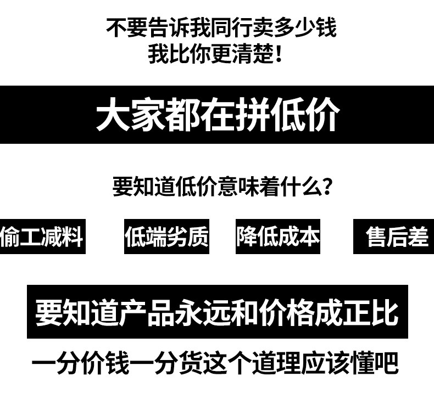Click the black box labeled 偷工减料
pos(42,237)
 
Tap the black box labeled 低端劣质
pos(166,237)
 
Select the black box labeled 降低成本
pos(278,237)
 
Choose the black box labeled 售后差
pos(394,237)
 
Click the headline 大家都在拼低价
pos(218,115)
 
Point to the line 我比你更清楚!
pos(215,54)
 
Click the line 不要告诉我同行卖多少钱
pos(221,28)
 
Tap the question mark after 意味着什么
pos(326,187)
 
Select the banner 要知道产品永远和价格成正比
pos(217,312)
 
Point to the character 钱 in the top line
pos(325,28)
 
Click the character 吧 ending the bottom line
pos(387,364)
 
